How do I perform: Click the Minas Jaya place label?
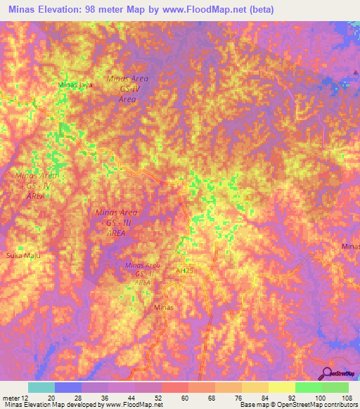coord(75,85)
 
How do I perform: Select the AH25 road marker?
coord(184,270)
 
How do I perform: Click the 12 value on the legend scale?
coord(25,397)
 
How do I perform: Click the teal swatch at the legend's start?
coord(41,387)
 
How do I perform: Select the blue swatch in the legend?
coord(68,387)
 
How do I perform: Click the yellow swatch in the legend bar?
coord(281,387)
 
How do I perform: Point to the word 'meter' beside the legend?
coord(10,397)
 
